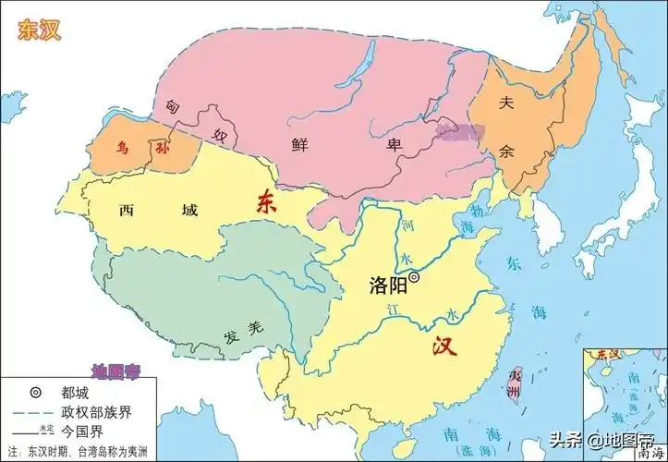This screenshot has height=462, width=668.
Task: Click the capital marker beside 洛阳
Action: tap(415, 276)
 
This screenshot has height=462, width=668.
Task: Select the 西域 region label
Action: tap(158, 211)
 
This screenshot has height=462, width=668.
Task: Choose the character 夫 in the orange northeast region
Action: tap(505, 104)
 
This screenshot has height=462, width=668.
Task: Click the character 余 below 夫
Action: tap(505, 151)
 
